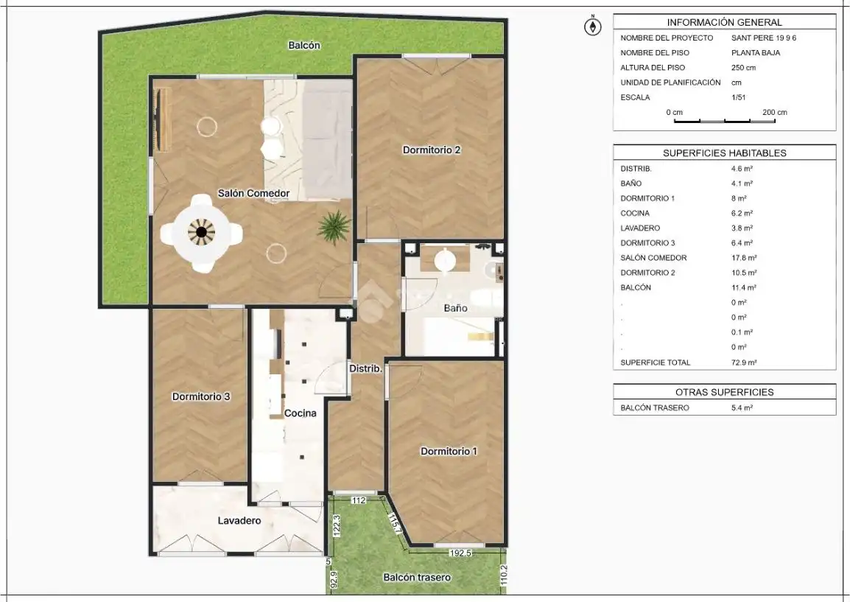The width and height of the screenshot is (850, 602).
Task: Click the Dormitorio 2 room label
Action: pyautogui.click(x=432, y=150)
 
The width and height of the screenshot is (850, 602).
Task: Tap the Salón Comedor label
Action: pyautogui.click(x=253, y=193)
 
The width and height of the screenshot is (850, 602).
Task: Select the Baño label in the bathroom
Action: pyautogui.click(x=455, y=308)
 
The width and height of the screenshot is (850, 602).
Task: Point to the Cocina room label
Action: pyautogui.click(x=301, y=413)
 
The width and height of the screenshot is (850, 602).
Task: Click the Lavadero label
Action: pyautogui.click(x=239, y=521)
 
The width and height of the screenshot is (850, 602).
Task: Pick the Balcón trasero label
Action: pyautogui.click(x=417, y=578)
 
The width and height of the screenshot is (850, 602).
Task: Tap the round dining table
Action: pyautogui.click(x=201, y=233)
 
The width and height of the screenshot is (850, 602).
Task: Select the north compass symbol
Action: pyautogui.click(x=592, y=26)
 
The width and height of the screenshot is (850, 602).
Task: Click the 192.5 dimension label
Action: pyautogui.click(x=460, y=553)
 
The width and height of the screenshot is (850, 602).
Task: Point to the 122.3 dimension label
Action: pyautogui.click(x=336, y=526)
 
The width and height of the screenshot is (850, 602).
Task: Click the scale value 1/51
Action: pyautogui.click(x=738, y=97)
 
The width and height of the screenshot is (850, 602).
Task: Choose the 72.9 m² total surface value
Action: pyautogui.click(x=744, y=363)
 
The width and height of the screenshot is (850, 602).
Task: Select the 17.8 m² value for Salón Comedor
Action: pyautogui.click(x=744, y=258)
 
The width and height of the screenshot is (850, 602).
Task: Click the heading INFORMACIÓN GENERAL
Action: pyautogui.click(x=724, y=22)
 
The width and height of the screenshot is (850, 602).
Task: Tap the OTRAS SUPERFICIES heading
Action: pyautogui.click(x=724, y=392)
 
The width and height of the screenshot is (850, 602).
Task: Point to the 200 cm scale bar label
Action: pyautogui.click(x=775, y=112)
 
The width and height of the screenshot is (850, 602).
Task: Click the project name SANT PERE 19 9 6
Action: pyautogui.click(x=764, y=38)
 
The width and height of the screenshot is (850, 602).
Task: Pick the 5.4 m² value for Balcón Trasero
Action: pyautogui.click(x=742, y=407)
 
